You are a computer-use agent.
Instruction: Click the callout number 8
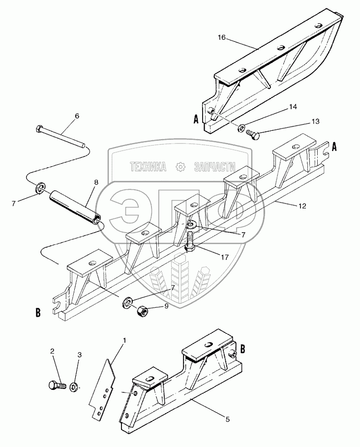(x=96, y=182)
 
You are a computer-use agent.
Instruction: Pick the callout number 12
(x=301, y=207)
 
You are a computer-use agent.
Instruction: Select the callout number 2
(x=52, y=352)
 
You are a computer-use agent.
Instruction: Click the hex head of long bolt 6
(x=39, y=130)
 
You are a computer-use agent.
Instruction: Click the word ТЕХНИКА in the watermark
(x=148, y=167)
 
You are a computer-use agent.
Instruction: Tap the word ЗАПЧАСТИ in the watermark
(x=215, y=167)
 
